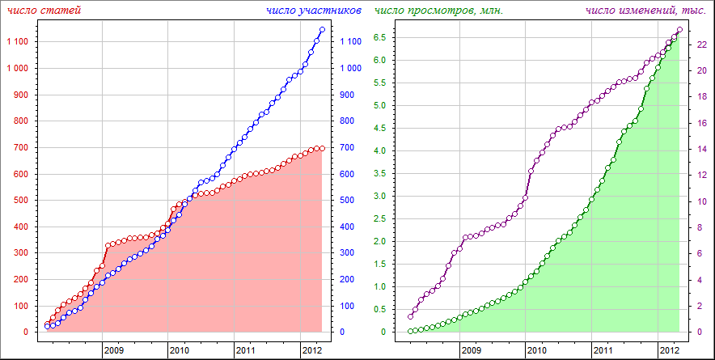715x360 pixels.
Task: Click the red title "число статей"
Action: [x=44, y=10]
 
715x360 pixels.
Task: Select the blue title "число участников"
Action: [x=314, y=10]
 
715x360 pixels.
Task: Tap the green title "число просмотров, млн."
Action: [x=438, y=10]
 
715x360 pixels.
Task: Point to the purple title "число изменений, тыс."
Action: [x=645, y=10]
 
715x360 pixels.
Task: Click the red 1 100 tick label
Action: [x=17, y=42]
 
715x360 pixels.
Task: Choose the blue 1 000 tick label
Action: [x=351, y=69]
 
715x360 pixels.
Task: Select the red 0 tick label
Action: [x=25, y=332]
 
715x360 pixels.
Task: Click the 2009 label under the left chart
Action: [x=113, y=351]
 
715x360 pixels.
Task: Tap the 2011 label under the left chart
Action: [x=246, y=351]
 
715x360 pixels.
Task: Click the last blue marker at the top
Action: [x=322, y=30]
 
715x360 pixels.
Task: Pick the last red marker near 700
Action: [x=322, y=148]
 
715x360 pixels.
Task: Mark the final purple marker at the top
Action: [x=679, y=30]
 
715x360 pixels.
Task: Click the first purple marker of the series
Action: [x=410, y=316]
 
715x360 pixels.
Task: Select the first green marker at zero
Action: [x=410, y=331]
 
